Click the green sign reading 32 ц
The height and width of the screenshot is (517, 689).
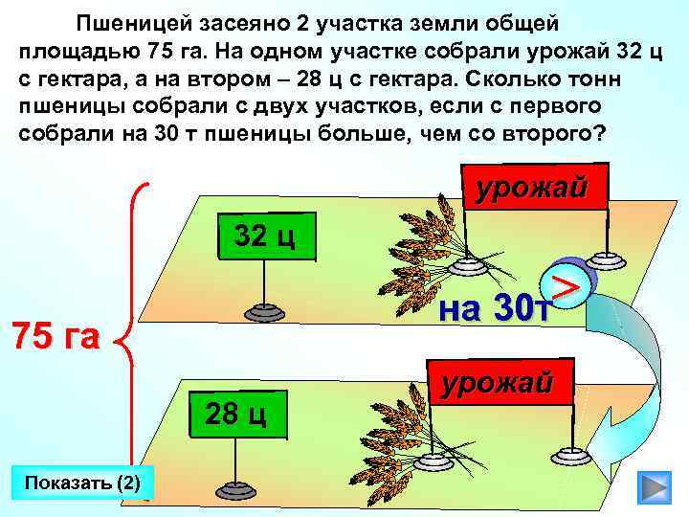click(265, 236)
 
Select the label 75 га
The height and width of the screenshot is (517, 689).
click(56, 337)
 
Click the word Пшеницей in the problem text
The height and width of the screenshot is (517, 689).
click(126, 22)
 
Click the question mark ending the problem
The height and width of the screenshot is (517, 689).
click(600, 132)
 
